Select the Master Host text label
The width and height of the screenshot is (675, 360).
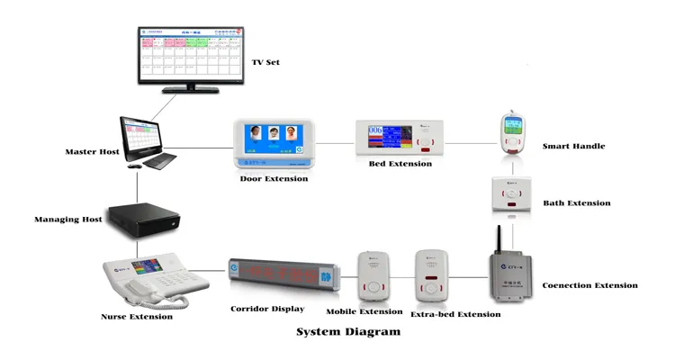click(x=93, y=151)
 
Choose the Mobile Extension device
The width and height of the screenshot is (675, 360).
click(x=374, y=276)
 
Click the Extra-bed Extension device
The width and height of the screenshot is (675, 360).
click(x=431, y=276)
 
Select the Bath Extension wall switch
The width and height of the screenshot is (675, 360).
click(x=510, y=199)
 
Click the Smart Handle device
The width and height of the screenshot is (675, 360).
click(x=511, y=133)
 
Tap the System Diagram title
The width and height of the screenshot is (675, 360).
click(x=348, y=332)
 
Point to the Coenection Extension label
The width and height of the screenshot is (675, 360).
click(x=589, y=285)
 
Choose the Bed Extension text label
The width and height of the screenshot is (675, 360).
click(x=400, y=165)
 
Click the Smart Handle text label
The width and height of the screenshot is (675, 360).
click(x=573, y=146)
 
